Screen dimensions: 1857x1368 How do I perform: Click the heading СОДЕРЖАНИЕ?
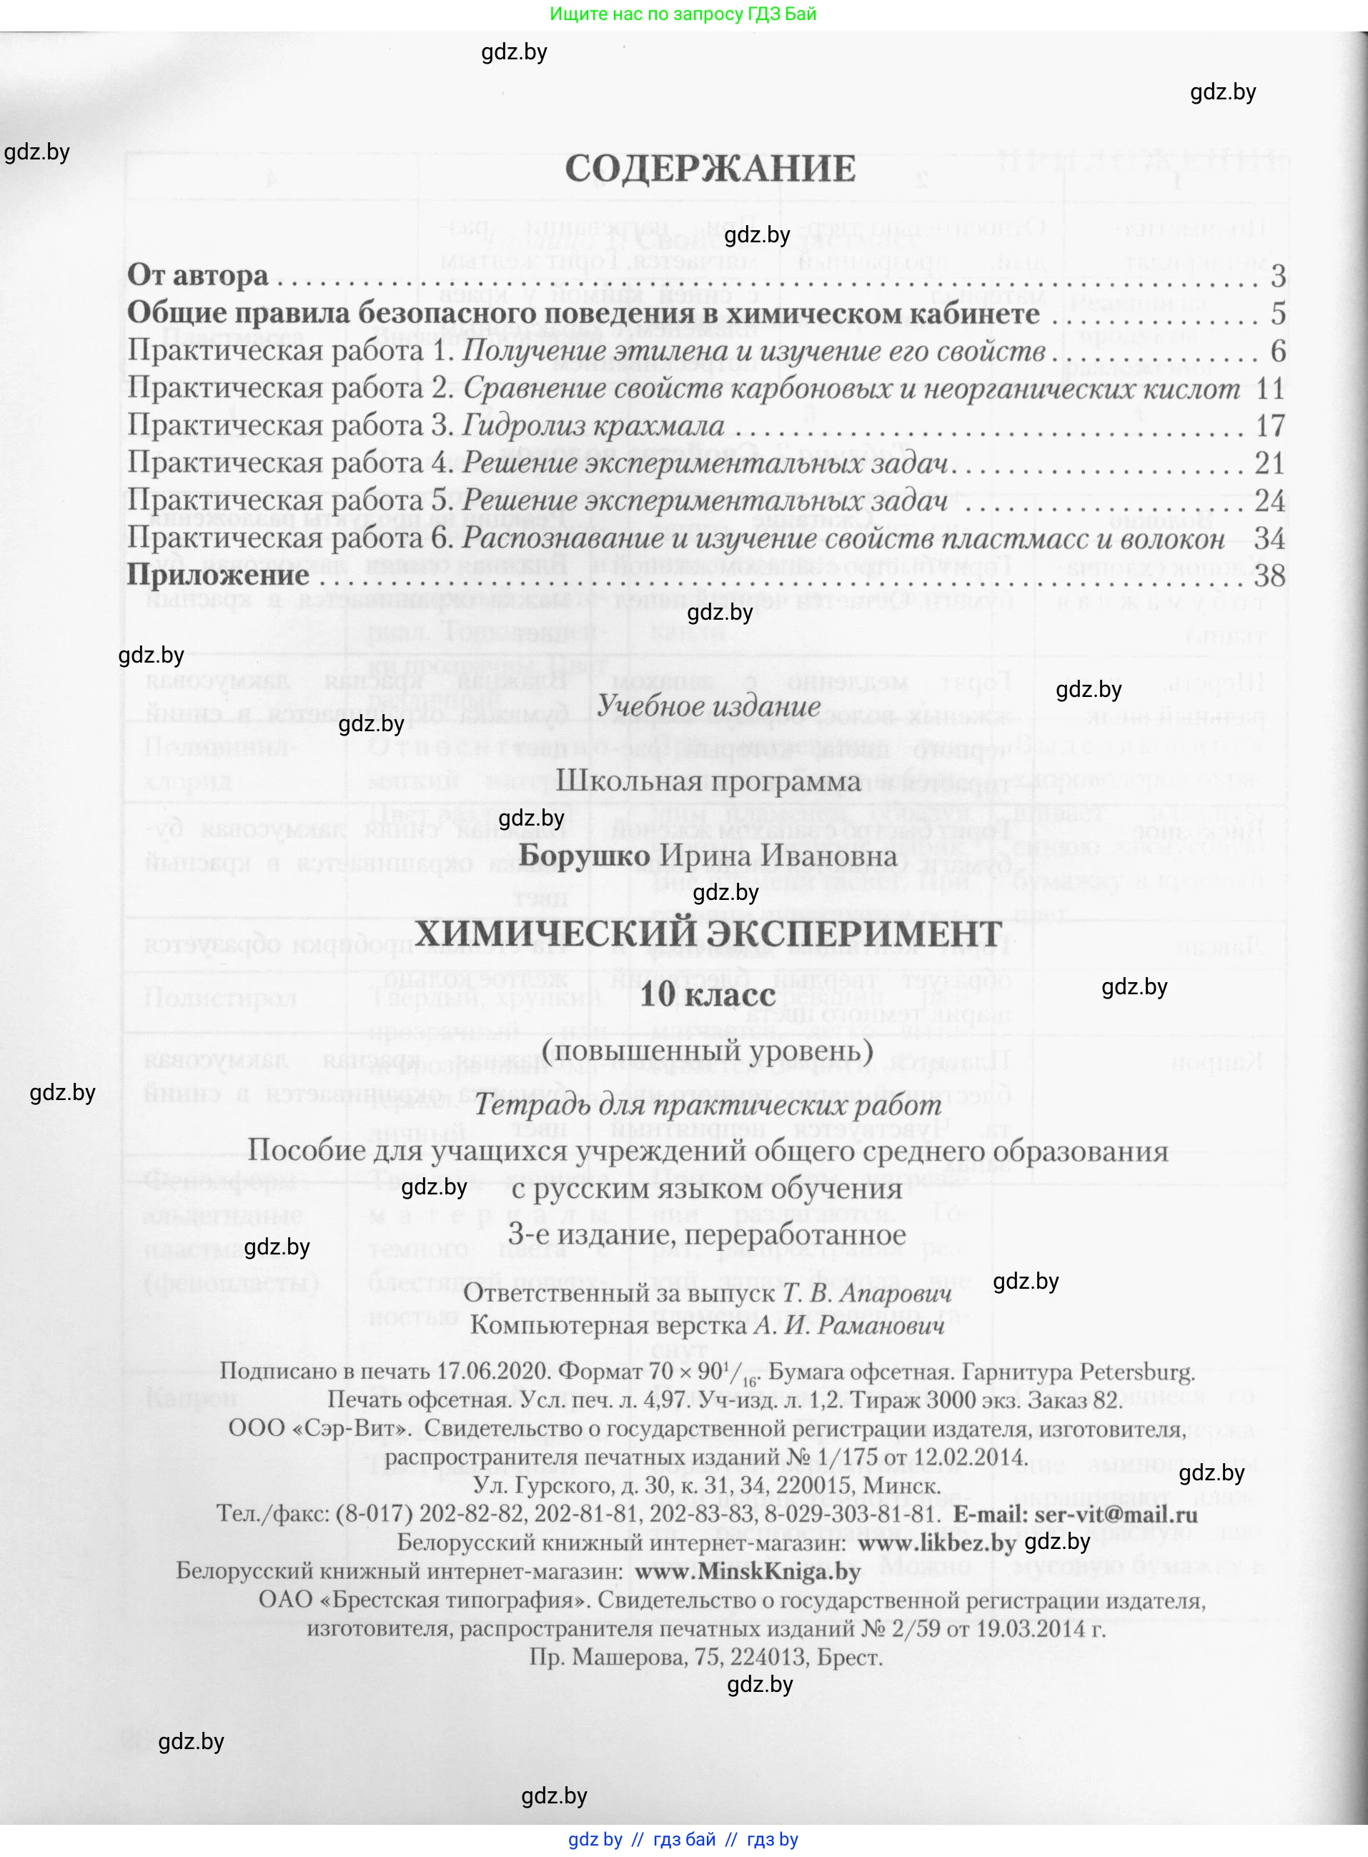[x=710, y=169]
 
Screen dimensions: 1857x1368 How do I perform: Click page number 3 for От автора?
[x=1278, y=276]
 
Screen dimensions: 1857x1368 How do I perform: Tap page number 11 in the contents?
[x=1269, y=388]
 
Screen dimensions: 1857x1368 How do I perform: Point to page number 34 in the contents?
[x=1269, y=539]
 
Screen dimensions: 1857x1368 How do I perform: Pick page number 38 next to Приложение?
[x=1269, y=575]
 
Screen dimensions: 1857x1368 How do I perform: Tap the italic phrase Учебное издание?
[x=708, y=706]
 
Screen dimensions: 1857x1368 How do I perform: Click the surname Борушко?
[x=584, y=855]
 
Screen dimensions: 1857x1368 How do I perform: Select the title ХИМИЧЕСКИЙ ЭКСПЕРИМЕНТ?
[x=708, y=935]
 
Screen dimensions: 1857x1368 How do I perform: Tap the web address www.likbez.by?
[x=936, y=1543]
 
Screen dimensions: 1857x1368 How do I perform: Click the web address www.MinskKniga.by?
[x=748, y=1571]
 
